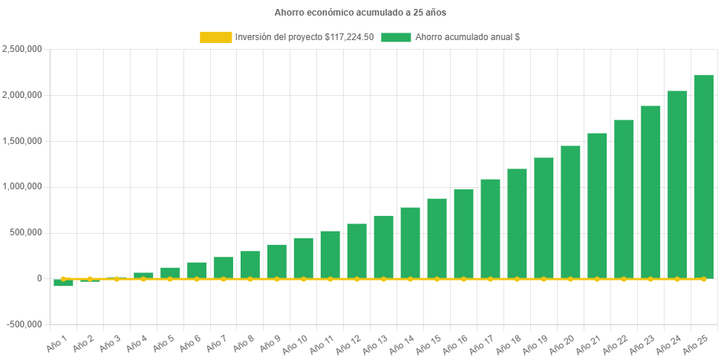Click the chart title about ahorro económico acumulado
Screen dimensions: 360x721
(x=360, y=13)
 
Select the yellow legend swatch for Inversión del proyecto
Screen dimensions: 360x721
(x=215, y=37)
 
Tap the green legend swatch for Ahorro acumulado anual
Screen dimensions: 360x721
(x=396, y=37)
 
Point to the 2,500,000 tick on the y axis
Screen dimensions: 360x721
(x=22, y=49)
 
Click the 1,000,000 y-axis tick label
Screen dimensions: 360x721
(x=22, y=186)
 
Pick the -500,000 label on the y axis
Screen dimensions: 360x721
(x=24, y=324)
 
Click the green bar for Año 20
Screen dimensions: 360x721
(x=570, y=212)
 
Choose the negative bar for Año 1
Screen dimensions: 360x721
(x=63, y=283)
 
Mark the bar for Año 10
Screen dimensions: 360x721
(x=303, y=258)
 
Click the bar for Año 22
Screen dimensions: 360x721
(x=624, y=199)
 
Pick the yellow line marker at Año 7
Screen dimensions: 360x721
(x=224, y=279)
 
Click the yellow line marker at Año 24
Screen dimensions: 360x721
(x=676, y=279)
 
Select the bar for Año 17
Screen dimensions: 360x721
(x=490, y=229)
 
